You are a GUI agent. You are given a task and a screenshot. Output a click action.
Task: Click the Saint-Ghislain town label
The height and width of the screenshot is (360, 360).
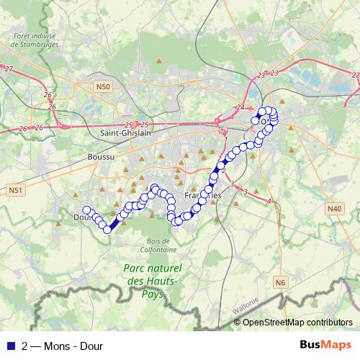(126, 133)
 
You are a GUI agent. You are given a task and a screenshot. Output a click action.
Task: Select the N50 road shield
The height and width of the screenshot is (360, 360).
(104, 87)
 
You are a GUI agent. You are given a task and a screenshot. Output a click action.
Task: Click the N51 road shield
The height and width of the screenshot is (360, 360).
(15, 190)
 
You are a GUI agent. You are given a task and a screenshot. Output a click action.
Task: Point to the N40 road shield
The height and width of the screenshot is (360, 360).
(334, 209)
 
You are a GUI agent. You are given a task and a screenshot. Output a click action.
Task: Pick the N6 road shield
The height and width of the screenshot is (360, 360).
(280, 282)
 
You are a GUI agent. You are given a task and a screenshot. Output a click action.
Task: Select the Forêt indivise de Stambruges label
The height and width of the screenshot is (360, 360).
(34, 37)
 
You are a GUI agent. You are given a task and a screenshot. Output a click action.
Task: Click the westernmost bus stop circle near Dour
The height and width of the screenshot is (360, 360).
(86, 210)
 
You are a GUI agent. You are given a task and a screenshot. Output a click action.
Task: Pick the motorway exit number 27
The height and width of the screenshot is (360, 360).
(9, 68)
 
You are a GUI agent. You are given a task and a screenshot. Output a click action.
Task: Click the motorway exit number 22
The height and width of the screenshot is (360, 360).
(355, 75)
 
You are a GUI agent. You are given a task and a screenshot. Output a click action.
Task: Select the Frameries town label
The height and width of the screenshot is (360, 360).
(202, 196)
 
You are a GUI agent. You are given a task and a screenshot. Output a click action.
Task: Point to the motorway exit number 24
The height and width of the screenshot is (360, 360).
(240, 108)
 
